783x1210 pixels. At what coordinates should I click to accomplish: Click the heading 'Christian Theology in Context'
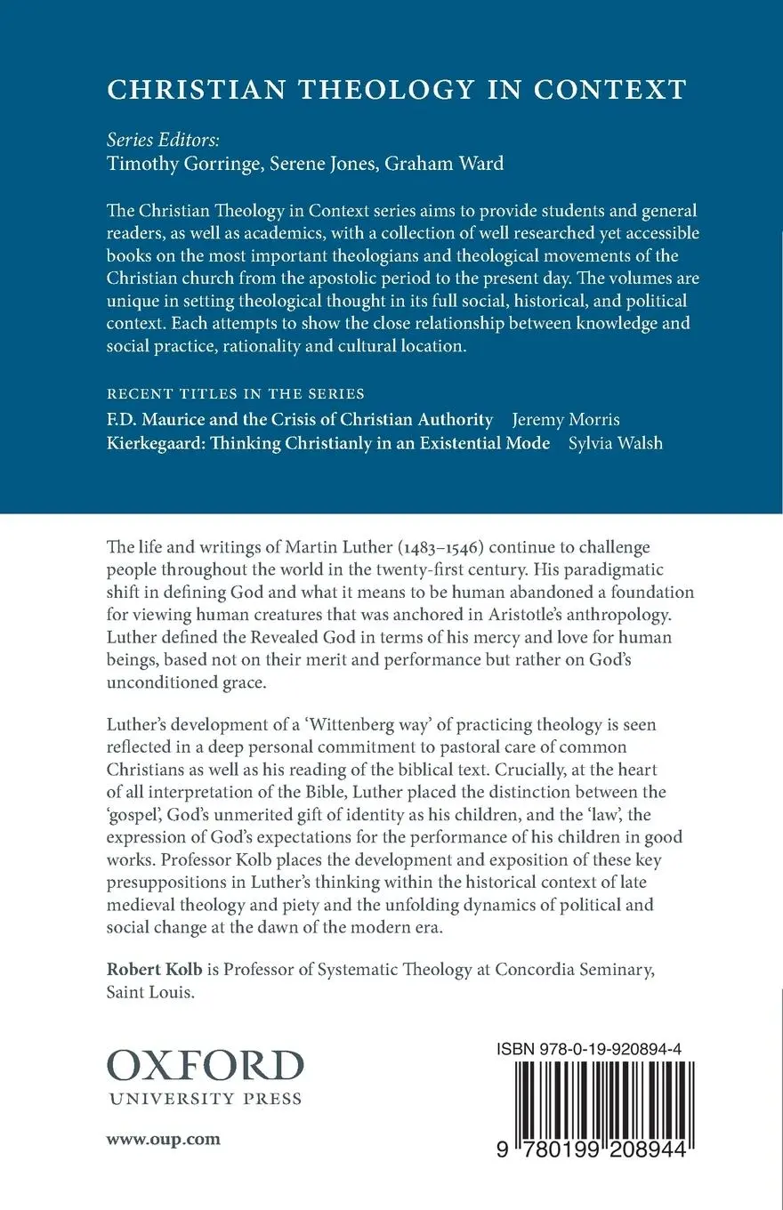[396, 89]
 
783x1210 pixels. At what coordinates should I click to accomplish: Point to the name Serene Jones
[313, 163]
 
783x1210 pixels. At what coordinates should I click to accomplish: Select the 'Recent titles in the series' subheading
[236, 393]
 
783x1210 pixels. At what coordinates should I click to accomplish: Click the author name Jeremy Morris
[567, 418]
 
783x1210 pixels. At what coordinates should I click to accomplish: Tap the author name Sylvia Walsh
[615, 442]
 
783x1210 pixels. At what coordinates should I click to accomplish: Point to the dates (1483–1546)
[438, 545]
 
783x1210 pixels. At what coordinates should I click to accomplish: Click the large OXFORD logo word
[206, 1065]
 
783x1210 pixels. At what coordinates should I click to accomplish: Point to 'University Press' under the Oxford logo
[206, 1098]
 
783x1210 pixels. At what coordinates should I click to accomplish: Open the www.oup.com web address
[163, 1139]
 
